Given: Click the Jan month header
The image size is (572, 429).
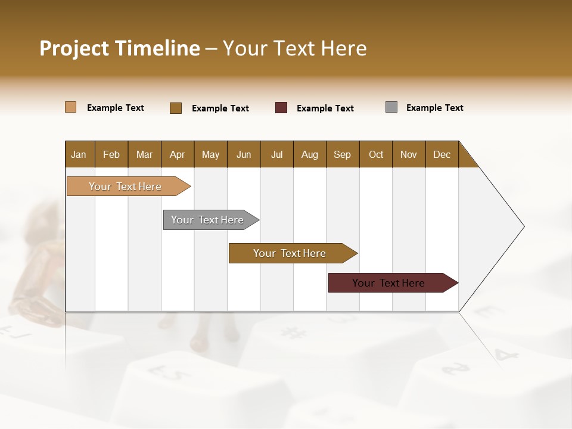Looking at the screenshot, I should pos(79,154).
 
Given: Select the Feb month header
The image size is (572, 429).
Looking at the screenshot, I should pos(111,154).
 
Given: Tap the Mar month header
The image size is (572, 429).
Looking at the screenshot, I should pos(144,154).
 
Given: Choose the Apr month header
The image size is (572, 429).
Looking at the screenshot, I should pos(178,154).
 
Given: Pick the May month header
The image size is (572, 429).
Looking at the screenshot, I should pos(210,154).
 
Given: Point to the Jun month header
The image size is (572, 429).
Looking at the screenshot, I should pos(244,154).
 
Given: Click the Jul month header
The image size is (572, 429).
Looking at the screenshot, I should pos(276,154).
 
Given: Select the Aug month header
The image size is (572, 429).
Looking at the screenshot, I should pos(310,154).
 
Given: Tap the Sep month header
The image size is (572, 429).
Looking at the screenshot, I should pos(343,154).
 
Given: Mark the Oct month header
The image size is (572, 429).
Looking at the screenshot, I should pos(376,154).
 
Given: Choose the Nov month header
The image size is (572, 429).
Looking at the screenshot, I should pos(409,154).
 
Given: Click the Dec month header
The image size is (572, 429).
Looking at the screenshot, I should pos(442,154).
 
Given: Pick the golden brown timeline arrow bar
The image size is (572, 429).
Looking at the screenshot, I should pos(290,253).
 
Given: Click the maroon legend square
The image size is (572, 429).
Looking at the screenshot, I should pos(281,108).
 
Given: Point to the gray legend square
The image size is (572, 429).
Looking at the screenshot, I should pos(391,107).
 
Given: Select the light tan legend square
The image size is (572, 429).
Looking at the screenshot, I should pos(71,107).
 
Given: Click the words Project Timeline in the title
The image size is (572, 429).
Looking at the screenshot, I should pos(120,48).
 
